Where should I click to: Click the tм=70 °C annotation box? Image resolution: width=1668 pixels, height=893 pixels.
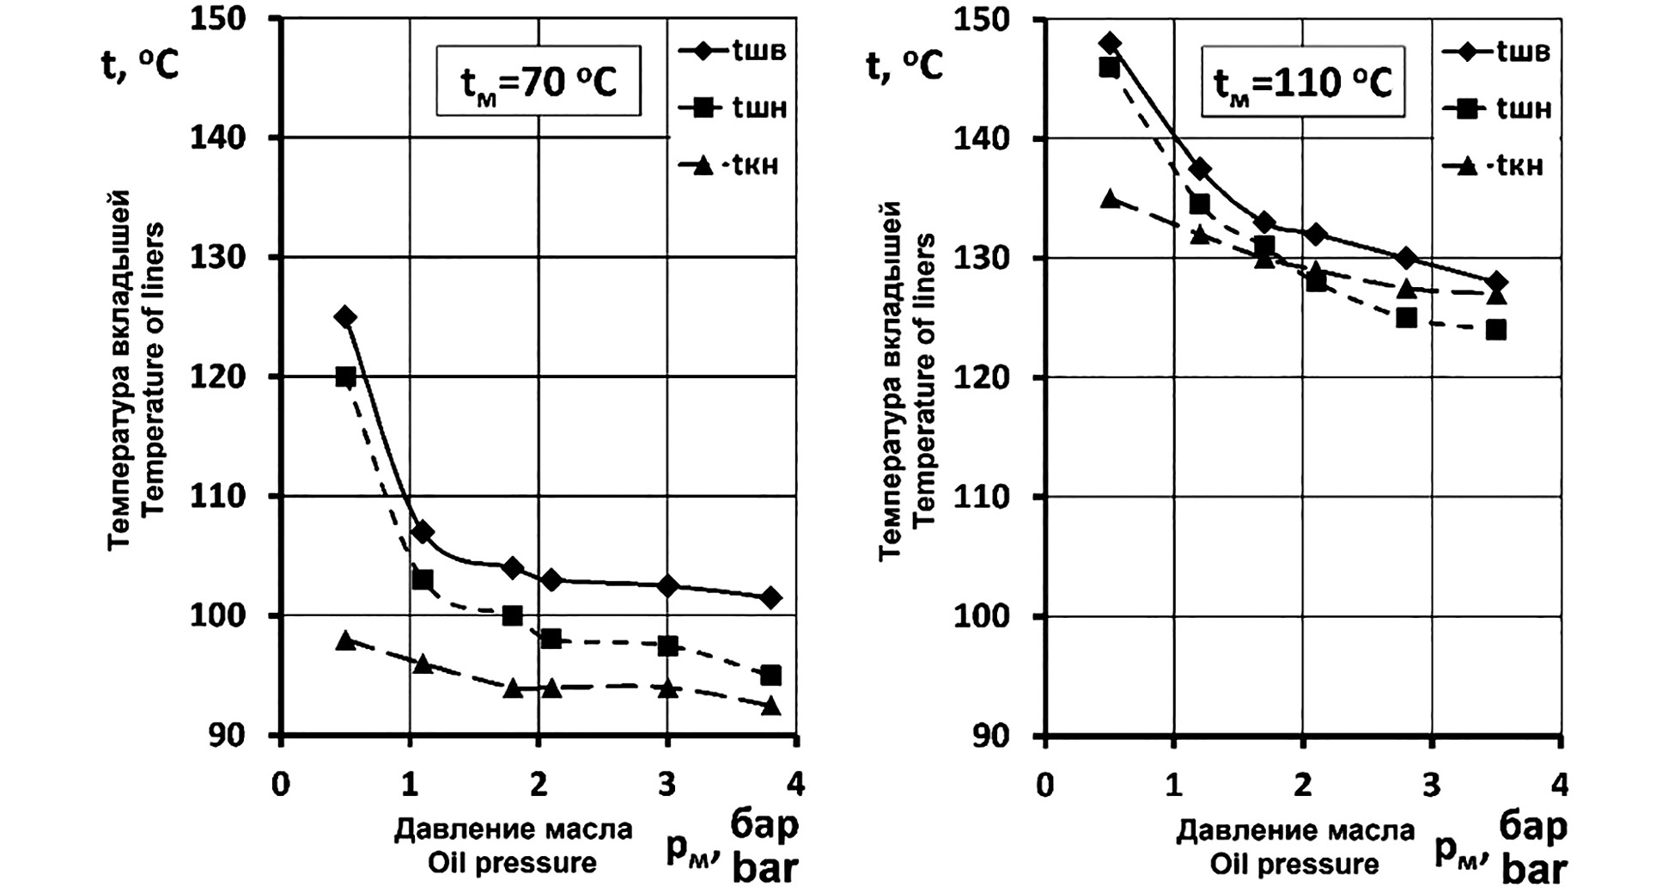(539, 83)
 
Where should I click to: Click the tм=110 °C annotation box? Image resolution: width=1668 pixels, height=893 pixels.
(1303, 83)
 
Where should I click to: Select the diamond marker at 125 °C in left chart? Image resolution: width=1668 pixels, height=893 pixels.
(345, 317)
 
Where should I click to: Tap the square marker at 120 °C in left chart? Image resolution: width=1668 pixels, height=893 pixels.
(345, 376)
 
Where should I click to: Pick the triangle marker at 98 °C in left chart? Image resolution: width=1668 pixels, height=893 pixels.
(345, 640)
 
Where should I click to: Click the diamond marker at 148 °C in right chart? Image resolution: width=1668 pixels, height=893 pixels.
(1110, 43)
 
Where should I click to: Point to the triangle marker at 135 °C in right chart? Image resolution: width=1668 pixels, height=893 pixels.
(1110, 199)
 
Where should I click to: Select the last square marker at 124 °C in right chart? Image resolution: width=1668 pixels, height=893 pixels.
(1495, 330)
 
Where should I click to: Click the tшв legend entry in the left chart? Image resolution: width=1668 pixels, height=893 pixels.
(732, 51)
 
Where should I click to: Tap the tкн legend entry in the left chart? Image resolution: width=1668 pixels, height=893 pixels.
(732, 165)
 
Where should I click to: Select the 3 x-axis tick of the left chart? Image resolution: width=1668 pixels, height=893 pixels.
(667, 784)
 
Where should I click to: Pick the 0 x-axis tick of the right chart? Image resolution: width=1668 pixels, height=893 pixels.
(1044, 785)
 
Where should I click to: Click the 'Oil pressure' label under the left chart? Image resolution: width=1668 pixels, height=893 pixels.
(512, 863)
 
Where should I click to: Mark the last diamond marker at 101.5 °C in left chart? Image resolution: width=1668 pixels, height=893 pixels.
(770, 598)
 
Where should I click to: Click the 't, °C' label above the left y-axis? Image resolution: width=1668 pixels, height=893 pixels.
(140, 64)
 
